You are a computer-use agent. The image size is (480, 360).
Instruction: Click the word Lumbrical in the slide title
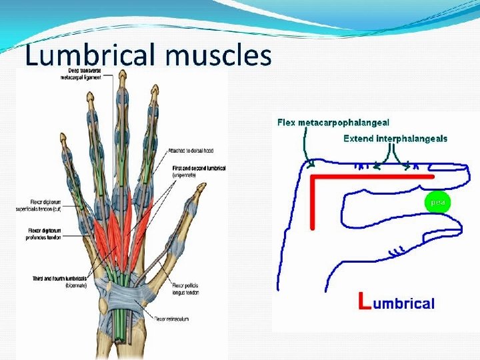91,55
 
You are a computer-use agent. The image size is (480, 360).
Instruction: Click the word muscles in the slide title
219,55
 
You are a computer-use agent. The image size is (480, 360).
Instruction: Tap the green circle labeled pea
437,201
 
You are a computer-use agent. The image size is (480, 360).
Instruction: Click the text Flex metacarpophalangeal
333,123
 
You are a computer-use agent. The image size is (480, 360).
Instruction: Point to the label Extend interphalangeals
395,139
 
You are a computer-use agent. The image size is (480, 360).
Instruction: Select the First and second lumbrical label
199,171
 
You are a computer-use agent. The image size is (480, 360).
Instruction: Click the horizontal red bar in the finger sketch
373,177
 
